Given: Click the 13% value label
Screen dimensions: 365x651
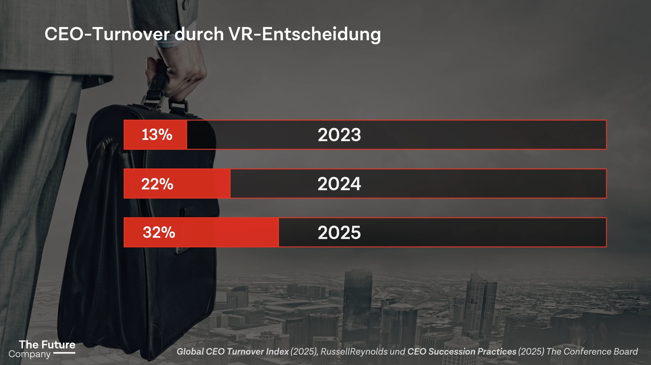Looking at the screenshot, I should pyautogui.click(x=157, y=135).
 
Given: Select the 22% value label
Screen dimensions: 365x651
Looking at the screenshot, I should pyautogui.click(x=157, y=184).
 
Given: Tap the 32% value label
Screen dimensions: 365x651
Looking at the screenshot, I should pyautogui.click(x=159, y=232).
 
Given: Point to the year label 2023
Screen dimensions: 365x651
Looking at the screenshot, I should pyautogui.click(x=339, y=135).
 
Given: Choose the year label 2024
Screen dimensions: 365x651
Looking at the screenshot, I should pyautogui.click(x=339, y=184).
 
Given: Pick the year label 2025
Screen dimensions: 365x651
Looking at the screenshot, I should pyautogui.click(x=339, y=233).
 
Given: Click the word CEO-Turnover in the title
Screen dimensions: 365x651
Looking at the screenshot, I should pyautogui.click(x=107, y=34).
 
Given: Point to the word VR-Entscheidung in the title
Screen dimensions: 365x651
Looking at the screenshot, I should pyautogui.click(x=305, y=34).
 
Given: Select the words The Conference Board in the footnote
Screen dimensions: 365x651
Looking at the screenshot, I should pyautogui.click(x=592, y=352).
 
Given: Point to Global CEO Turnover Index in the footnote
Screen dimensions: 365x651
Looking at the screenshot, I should pyautogui.click(x=233, y=352).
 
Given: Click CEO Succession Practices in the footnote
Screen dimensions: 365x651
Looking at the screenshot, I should pyautogui.click(x=462, y=352).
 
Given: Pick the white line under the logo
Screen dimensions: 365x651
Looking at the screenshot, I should pyautogui.click(x=64, y=353).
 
